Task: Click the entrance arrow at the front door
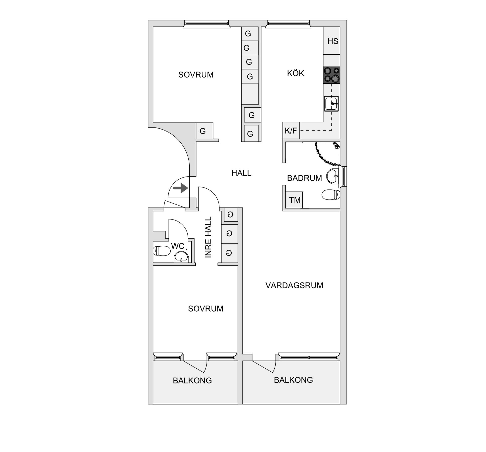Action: point(181,188)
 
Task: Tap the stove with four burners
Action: point(332,75)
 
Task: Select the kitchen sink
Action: point(331,103)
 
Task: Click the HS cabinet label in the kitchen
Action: point(333,41)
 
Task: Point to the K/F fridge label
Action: point(291,131)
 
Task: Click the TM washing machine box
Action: point(294,200)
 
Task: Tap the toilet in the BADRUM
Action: point(331,195)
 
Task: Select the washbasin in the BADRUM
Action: point(333,176)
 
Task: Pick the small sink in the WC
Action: point(181,257)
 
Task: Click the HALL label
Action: point(241,173)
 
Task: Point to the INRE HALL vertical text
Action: point(208,237)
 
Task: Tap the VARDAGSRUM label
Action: point(294,285)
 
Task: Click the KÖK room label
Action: point(295,73)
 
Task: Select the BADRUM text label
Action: point(304,178)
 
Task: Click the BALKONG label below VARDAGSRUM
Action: point(293,380)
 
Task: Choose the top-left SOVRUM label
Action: point(196,75)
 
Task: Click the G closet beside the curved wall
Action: point(203,131)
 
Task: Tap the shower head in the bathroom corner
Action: point(336,145)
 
